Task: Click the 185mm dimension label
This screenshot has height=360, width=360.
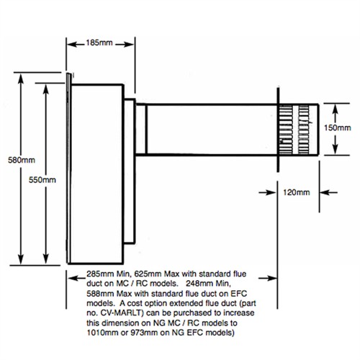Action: click(x=99, y=42)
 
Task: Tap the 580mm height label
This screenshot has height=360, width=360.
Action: click(x=22, y=160)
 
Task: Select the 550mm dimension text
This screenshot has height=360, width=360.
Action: click(x=42, y=180)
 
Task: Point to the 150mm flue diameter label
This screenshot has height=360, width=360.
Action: click(x=338, y=127)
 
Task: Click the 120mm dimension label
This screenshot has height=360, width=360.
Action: click(x=297, y=192)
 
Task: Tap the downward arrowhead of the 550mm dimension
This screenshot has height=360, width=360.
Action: click(x=45, y=258)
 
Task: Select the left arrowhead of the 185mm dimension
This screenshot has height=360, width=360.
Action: click(x=72, y=45)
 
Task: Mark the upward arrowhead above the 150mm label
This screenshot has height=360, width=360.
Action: click(x=336, y=109)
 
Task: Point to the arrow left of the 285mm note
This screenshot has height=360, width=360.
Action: click(x=77, y=278)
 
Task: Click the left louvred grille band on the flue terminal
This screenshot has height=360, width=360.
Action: click(x=286, y=130)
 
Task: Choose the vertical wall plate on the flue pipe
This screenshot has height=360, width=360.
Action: click(x=278, y=130)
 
